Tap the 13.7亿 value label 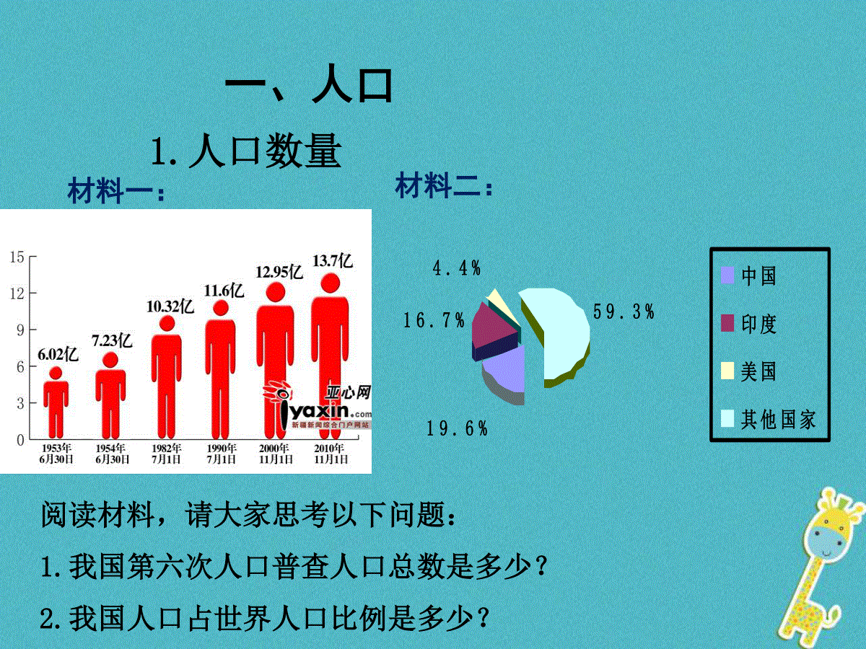[x=333, y=261]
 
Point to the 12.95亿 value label [x=279, y=272]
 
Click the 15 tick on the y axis [x=17, y=257]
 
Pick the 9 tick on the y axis [x=20, y=330]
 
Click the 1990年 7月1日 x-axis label [x=222, y=454]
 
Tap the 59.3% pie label [x=624, y=312]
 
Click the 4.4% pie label [x=457, y=268]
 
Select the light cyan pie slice [x=560, y=335]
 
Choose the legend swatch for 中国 [x=727, y=275]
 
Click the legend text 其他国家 [x=778, y=419]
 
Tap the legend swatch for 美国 [x=727, y=371]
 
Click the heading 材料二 [x=445, y=185]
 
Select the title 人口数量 [x=265, y=151]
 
